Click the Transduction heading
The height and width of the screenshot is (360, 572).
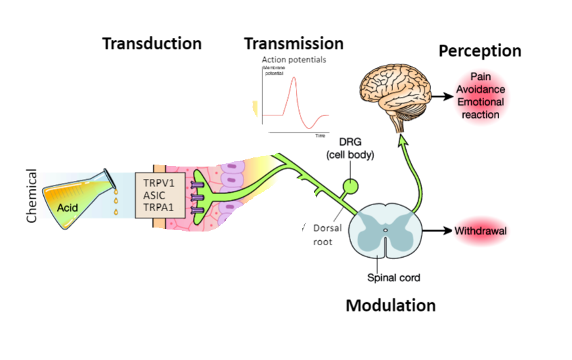coord(152,44)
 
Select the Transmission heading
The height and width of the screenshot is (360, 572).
coord(293,44)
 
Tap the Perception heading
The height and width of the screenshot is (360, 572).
coord(480,51)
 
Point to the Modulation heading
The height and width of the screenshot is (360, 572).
coord(390,306)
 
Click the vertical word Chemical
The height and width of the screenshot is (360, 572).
coord(31,197)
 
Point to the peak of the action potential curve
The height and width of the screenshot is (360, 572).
coord(295,78)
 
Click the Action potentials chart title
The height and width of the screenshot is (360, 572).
coord(293,60)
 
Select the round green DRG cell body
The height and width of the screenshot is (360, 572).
coord(353,186)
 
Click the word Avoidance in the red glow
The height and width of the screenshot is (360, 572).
coord(481,90)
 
